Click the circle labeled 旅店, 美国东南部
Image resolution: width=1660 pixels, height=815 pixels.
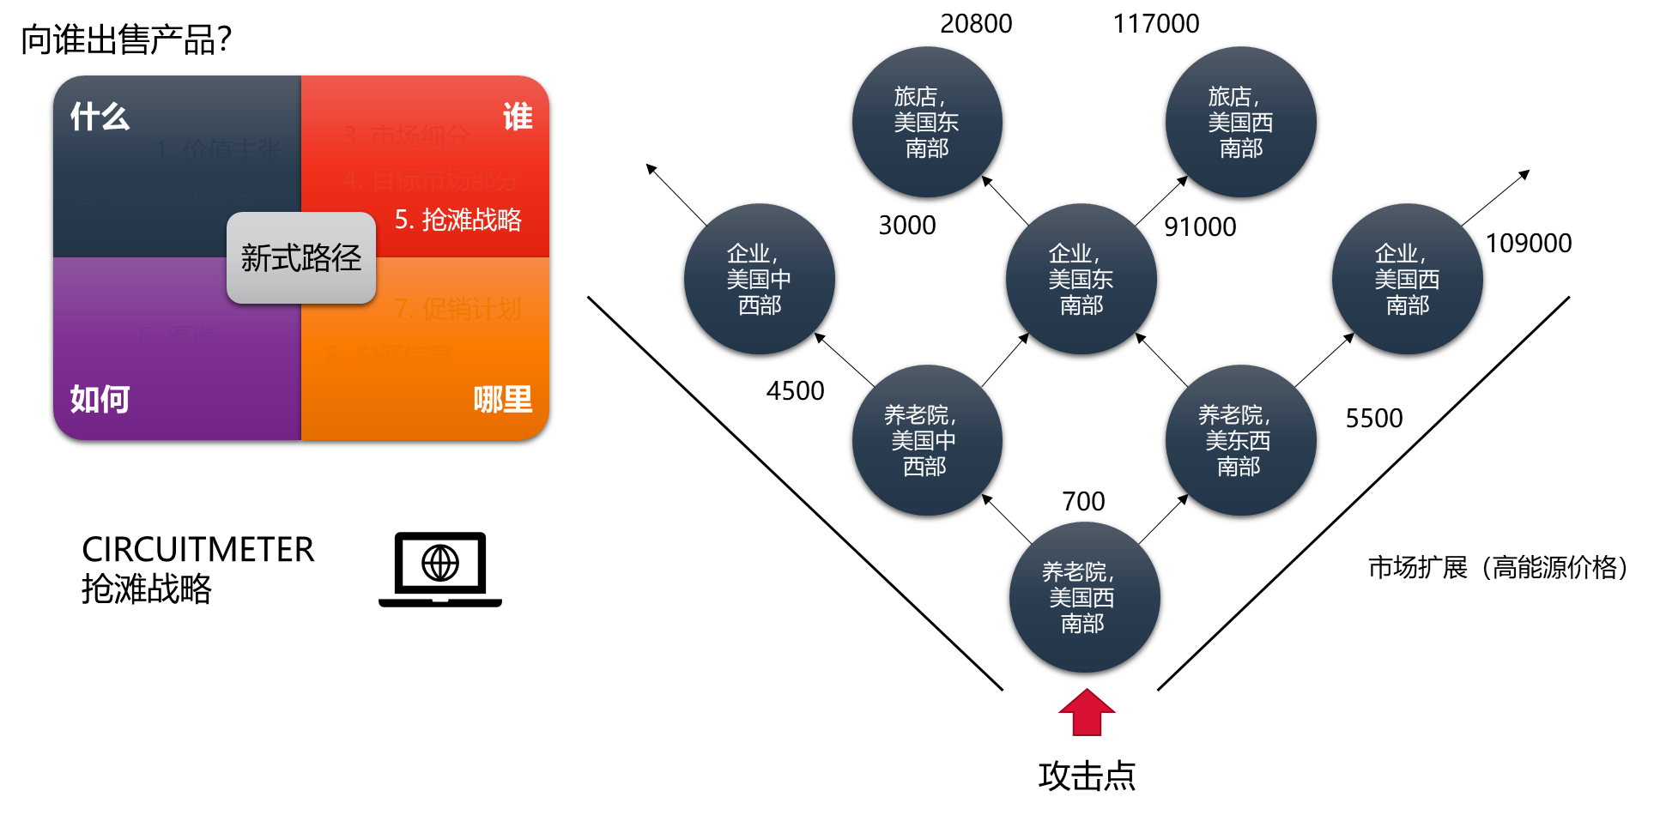coord(927,122)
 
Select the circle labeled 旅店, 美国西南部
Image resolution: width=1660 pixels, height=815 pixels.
coord(1240,122)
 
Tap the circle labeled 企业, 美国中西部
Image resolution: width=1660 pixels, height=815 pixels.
coord(760,279)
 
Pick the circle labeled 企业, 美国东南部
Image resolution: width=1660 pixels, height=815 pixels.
coord(1081,279)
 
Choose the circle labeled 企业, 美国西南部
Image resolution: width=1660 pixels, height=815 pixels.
coord(1408,279)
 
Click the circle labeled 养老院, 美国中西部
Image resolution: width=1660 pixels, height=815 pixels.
coord(927,440)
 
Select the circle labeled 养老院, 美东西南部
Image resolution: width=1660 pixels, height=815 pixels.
coord(1240,440)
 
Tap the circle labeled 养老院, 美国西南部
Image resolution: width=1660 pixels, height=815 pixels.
coord(1084,597)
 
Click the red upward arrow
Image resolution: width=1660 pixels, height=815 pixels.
coord(1087,713)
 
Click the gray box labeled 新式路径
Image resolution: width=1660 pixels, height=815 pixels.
coord(301,257)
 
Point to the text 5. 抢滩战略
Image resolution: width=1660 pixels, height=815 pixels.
coord(458,220)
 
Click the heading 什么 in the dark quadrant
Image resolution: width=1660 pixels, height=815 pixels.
coord(100,117)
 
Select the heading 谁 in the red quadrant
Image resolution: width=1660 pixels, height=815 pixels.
coord(518,117)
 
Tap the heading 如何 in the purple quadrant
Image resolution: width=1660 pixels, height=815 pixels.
coord(100,399)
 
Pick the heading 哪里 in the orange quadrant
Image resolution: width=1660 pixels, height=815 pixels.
coord(503,399)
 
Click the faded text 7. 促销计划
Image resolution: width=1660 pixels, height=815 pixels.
coord(457,309)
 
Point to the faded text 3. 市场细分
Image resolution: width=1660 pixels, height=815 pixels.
coord(406,136)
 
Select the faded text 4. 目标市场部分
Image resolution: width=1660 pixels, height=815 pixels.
coord(431,180)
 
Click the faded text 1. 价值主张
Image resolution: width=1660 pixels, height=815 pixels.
coord(219,151)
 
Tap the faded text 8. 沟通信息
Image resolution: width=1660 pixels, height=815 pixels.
coord(389,353)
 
